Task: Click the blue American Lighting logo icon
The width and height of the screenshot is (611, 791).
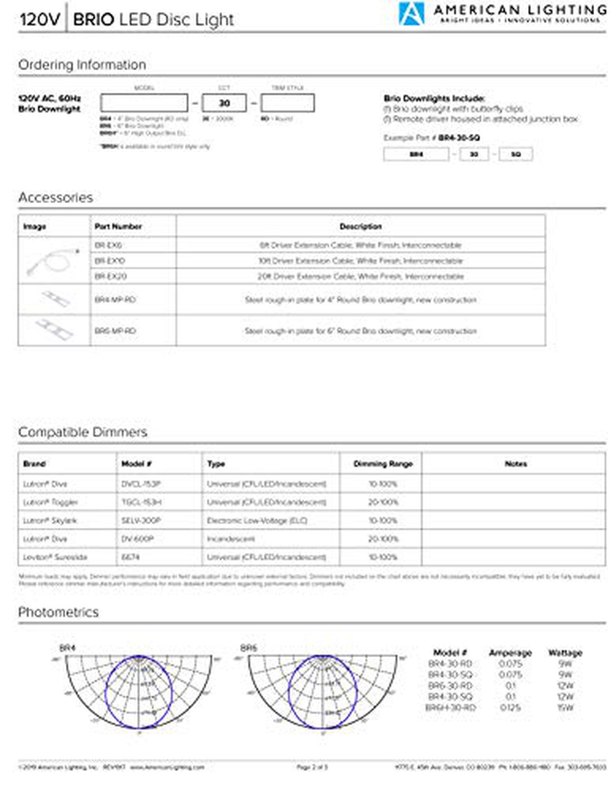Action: click(411, 14)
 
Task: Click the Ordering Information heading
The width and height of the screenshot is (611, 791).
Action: click(82, 65)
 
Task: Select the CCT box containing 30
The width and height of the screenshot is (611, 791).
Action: click(224, 103)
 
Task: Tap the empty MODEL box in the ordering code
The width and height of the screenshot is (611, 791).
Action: click(144, 103)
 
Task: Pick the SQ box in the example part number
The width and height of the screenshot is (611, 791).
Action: click(515, 154)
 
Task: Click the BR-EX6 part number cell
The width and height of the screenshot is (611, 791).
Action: click(108, 245)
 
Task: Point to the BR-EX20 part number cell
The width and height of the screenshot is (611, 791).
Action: click(110, 276)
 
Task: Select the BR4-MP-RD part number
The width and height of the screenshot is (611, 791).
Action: click(115, 300)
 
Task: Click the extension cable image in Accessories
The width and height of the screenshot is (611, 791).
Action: click(53, 260)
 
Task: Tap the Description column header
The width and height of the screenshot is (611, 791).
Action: click(360, 227)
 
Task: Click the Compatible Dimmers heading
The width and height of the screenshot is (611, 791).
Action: click(82, 432)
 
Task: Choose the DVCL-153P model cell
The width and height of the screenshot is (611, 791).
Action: click(141, 484)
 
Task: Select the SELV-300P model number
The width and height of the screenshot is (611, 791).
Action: click(141, 521)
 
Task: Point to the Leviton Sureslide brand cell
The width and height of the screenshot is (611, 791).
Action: click(55, 557)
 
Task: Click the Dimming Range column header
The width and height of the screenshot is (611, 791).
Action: click(383, 464)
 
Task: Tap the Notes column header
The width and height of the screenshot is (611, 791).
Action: click(515, 464)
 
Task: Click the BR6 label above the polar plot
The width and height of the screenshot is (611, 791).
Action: click(248, 648)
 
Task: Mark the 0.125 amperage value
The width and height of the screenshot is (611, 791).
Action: click(510, 708)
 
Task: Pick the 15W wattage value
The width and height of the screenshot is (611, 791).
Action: click(565, 708)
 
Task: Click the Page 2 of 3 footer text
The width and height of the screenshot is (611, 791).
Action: click(312, 767)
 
